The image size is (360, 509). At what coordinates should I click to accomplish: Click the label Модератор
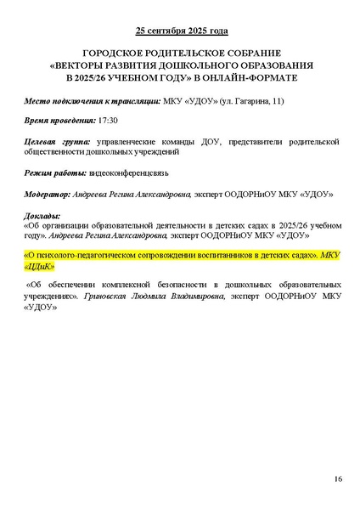pyautogui.click(x=44, y=195)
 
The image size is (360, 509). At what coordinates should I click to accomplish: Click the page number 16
pyautogui.click(x=338, y=479)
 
